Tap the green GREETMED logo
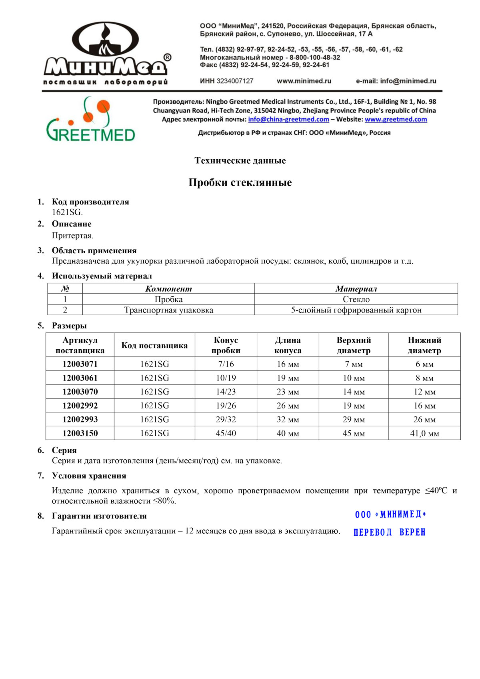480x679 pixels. point(91,120)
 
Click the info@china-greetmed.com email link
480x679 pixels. point(288,119)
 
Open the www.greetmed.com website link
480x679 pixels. point(396,119)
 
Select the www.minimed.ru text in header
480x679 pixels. point(304,81)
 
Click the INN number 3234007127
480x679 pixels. point(235,81)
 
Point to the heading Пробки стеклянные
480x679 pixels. point(240,182)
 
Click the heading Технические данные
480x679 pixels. point(240,160)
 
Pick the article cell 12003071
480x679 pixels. point(80,364)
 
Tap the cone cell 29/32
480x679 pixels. point(226,419)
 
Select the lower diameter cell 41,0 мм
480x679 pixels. point(424,433)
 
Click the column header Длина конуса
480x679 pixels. point(288,345)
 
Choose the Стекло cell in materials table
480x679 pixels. point(356,299)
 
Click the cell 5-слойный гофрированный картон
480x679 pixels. point(356,310)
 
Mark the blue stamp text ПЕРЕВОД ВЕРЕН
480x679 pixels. point(390,532)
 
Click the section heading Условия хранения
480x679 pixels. point(89,476)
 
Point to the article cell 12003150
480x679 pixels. point(80,433)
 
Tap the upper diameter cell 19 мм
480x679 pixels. point(354,406)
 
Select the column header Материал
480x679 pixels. point(356,289)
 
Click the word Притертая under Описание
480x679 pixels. point(72,236)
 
